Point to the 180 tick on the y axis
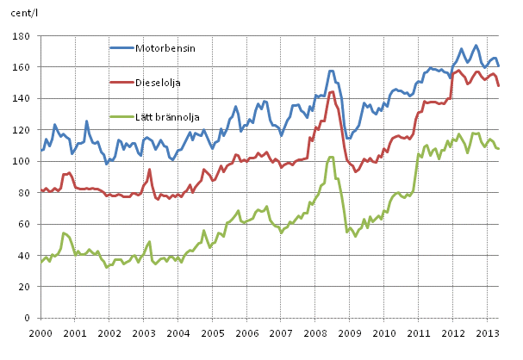pos(23,37)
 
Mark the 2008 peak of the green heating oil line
pos(331,157)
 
